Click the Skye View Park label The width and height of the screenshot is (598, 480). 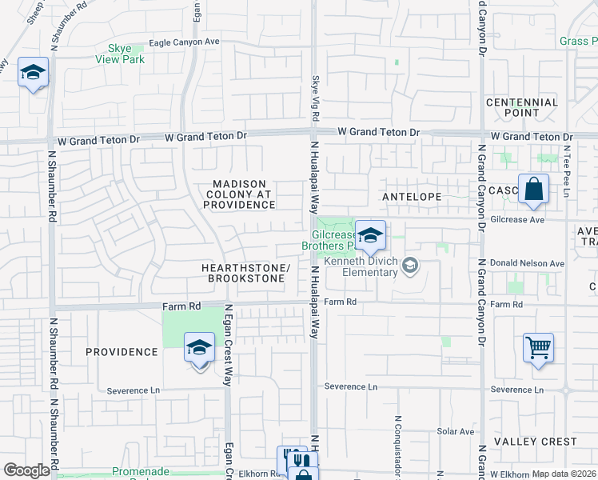[x=119, y=54]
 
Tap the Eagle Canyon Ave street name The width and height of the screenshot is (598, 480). [x=184, y=42]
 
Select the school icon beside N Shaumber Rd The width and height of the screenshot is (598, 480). [x=33, y=74]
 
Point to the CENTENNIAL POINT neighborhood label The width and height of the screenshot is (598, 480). [x=522, y=107]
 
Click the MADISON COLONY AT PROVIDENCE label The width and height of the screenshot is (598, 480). [x=238, y=194]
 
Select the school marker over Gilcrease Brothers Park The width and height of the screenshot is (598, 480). [x=370, y=237]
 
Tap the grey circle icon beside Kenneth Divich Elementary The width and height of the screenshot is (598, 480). [x=410, y=264]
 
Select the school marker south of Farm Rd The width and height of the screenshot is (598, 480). [x=199, y=348]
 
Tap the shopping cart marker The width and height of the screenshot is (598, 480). [x=538, y=348]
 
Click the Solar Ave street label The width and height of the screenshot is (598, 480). [x=456, y=431]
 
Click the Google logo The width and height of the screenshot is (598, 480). [x=26, y=470]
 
